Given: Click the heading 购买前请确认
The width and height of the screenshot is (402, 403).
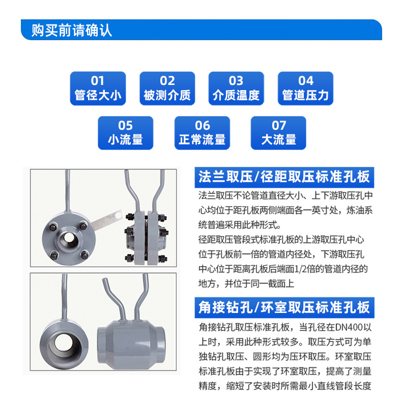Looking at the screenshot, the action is click(x=72, y=31).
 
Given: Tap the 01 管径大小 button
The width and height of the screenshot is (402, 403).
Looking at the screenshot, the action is click(x=98, y=89).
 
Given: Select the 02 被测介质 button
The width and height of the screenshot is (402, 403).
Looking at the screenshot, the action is click(x=167, y=89).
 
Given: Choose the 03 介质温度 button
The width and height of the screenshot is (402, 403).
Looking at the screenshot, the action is click(x=236, y=89).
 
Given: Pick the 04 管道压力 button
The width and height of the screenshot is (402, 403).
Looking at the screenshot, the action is click(x=306, y=89).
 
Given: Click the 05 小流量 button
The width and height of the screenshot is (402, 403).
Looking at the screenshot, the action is click(x=125, y=133).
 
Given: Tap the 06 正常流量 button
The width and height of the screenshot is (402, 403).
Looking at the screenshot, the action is click(x=203, y=133).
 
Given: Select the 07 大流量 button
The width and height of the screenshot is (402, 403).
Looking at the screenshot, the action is click(x=278, y=133).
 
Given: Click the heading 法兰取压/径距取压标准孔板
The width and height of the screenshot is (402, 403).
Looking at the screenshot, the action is click(x=284, y=177).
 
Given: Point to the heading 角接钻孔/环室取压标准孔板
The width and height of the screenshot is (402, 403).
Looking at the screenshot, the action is click(x=284, y=307).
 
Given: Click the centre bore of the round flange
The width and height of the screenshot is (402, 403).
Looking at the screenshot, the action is click(x=68, y=238).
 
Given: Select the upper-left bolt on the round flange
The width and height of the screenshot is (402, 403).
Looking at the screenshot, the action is click(x=53, y=227).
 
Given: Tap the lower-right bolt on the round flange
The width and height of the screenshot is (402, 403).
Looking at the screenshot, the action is click(x=84, y=255).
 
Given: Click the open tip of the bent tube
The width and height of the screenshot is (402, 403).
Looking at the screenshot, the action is click(x=105, y=279).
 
